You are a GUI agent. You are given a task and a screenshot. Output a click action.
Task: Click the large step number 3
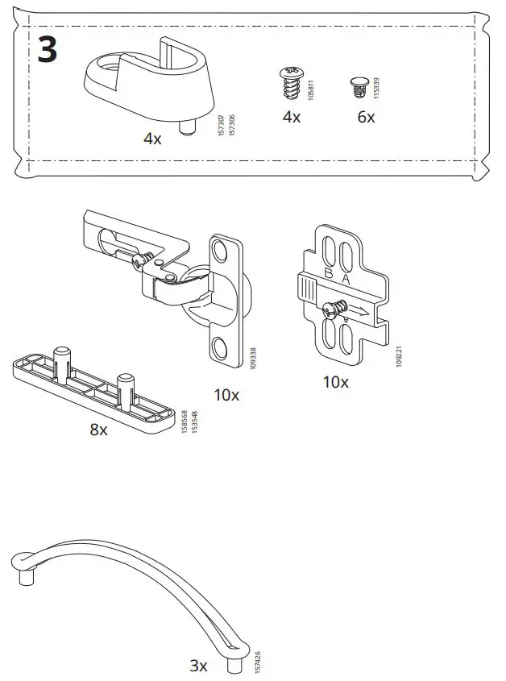pyautogui.click(x=48, y=50)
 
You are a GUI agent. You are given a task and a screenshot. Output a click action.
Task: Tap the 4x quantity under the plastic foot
pyautogui.click(x=152, y=139)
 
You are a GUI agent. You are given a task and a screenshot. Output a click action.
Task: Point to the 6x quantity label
pyautogui.click(x=366, y=118)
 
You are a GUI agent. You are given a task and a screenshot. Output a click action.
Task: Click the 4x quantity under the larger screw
pyautogui.click(x=291, y=118)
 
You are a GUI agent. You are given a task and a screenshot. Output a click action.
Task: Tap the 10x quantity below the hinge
pyautogui.click(x=226, y=395)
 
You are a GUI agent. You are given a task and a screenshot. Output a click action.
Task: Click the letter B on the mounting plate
pyautogui.click(x=328, y=274)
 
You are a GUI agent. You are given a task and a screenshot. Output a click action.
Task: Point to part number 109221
pyautogui.click(x=398, y=355)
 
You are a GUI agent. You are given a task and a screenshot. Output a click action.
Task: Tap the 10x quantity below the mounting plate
pyautogui.click(x=336, y=382)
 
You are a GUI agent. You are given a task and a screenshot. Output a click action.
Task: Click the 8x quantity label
pyautogui.click(x=98, y=430)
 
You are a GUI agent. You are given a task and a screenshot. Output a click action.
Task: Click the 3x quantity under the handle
pyautogui.click(x=198, y=666)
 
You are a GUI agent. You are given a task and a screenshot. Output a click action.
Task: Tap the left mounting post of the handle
pyautogui.click(x=24, y=578)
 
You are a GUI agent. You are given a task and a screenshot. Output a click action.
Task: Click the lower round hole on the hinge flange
pyautogui.click(x=219, y=348)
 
